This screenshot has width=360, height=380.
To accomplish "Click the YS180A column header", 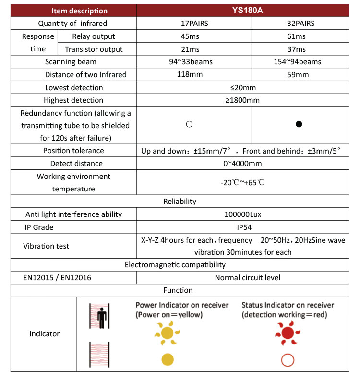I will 241,11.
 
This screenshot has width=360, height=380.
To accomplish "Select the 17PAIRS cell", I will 193,24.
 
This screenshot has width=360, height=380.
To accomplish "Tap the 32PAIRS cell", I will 299,24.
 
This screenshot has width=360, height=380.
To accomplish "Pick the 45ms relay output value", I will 193,36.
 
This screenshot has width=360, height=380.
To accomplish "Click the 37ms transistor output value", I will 299,49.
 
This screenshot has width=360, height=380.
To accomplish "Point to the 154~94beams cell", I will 299,62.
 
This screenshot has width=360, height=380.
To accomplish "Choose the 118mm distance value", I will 193,74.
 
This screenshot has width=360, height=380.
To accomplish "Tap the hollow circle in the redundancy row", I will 189,124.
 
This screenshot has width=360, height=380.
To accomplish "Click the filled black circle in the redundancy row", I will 299,124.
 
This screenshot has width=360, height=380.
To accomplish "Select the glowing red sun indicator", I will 288,332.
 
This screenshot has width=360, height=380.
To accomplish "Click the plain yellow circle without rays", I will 167,359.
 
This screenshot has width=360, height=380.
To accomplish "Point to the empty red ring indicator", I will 288,360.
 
